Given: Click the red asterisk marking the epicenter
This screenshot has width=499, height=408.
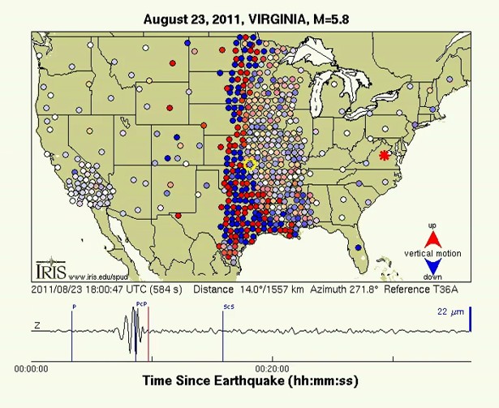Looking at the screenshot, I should [385, 154].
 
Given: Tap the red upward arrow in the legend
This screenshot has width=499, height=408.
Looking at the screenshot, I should [432, 238].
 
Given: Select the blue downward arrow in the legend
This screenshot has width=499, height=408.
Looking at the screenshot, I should [432, 267].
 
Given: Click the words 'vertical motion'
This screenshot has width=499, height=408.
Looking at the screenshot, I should [432, 253].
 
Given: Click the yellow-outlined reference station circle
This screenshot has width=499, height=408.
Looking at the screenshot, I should [251, 165].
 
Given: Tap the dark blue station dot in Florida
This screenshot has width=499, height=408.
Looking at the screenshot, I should [359, 258].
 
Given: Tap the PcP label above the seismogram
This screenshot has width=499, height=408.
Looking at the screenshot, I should [140, 303].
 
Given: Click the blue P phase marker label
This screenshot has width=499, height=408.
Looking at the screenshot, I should [73, 307].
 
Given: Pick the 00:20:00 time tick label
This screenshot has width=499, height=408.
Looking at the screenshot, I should [272, 367].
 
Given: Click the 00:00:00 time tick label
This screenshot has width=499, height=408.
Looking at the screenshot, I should [32, 367].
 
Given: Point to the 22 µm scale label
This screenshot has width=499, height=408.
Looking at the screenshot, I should [449, 310].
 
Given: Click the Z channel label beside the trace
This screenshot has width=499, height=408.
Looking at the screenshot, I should [37, 325].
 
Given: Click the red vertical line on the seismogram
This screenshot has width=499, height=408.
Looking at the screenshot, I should [148, 333].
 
